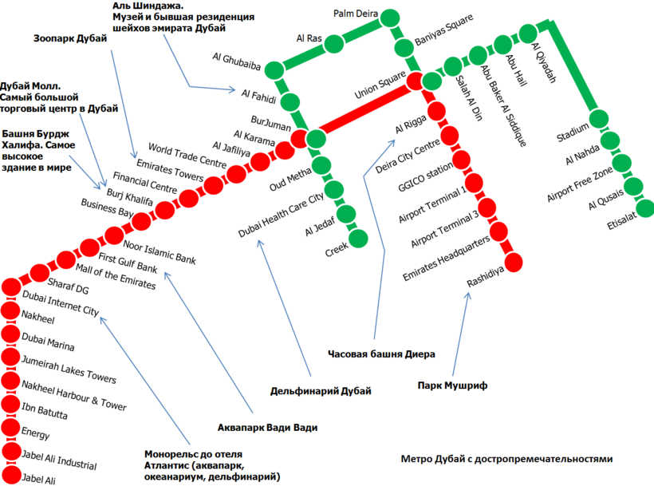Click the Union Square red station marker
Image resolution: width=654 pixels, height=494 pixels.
pos(415,80)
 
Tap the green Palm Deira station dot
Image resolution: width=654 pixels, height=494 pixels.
pos(390,18)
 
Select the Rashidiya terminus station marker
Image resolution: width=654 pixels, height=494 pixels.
pos(514,261)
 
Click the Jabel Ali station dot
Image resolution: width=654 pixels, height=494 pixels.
pos(11,476)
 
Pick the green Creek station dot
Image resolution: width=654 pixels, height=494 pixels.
pos(358,239)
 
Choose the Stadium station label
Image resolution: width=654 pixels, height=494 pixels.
pos(573,128)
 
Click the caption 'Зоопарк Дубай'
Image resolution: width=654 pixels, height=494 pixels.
pos(70,38)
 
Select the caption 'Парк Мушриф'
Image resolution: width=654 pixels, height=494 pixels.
pos(452,385)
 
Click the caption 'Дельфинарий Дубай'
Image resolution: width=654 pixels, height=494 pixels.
pos(321,390)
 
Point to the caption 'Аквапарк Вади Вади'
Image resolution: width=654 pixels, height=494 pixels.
pos(268,428)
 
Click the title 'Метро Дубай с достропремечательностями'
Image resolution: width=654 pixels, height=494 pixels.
pos(506,460)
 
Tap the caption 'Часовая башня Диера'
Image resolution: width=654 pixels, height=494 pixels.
pos(380,353)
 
